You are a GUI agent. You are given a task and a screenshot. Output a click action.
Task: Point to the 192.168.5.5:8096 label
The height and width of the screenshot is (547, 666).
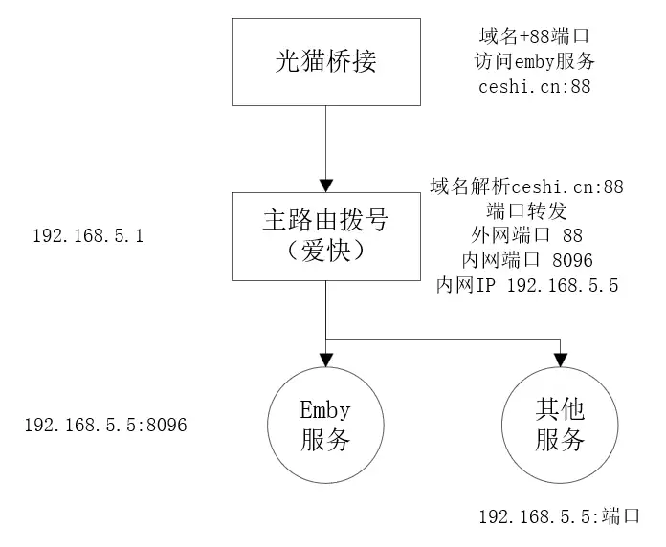pos(105,422)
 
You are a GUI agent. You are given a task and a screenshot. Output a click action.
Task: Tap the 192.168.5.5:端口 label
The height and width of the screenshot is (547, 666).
pos(559,517)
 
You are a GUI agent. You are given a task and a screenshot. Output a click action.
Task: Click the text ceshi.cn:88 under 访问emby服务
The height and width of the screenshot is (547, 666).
pos(535,86)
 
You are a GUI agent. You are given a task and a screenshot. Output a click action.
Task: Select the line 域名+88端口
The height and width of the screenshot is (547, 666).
pos(535,36)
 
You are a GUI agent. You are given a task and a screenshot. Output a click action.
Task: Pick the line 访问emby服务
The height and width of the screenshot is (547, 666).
pos(535,61)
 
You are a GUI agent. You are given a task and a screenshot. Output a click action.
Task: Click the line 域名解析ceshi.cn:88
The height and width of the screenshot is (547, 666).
pos(527,186)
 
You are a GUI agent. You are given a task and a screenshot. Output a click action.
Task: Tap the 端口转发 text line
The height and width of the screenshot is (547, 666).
pos(527,210)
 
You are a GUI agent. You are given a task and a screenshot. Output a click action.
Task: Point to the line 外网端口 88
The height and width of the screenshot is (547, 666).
pos(527,235)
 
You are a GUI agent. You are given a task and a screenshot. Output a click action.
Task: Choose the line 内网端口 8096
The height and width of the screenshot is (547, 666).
pos(527,260)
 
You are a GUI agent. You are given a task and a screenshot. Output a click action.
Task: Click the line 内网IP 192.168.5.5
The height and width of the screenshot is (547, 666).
pos(527,285)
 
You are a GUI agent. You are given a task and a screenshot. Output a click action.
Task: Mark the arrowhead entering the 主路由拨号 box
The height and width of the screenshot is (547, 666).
pos(326,184)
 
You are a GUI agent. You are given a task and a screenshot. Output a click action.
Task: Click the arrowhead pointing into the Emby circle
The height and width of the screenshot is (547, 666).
pos(326,361)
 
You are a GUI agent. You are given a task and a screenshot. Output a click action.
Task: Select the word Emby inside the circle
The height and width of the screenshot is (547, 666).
pos(325,411)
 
